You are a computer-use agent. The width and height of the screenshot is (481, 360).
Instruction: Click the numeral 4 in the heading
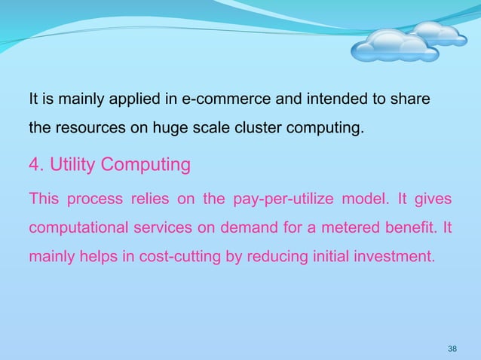(x=33, y=163)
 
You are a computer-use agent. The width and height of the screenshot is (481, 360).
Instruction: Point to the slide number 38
(x=452, y=348)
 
